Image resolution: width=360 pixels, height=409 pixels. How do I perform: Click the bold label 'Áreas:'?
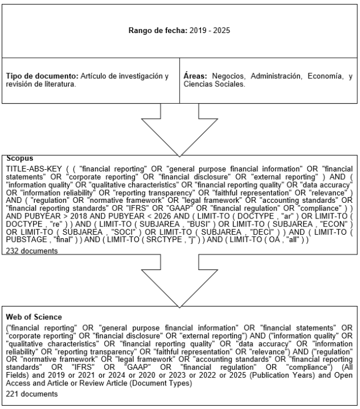tap(195, 76)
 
